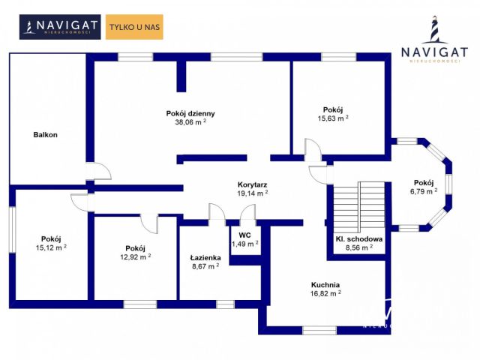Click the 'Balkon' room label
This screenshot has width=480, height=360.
(45, 135)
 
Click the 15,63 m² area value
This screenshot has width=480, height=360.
(333, 118)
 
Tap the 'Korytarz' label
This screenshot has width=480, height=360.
(253, 184)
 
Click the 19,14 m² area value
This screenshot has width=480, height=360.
(253, 193)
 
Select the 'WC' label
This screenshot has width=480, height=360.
(244, 235)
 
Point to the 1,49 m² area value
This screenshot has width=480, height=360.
(244, 244)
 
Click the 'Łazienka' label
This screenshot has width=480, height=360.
(204, 257)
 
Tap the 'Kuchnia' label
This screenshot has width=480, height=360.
(325, 285)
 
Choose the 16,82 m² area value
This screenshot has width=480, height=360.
(325, 294)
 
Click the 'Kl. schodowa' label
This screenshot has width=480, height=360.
(359, 239)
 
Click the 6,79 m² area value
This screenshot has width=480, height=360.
(423, 191)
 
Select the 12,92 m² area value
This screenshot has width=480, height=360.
(135, 256)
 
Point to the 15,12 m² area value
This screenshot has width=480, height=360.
(51, 247)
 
